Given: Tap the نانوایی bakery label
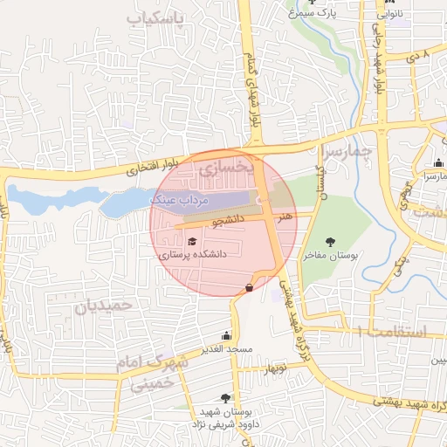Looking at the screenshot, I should (x=389, y=15).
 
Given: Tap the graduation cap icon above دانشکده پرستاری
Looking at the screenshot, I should (x=192, y=242).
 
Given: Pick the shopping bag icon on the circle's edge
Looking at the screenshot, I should (x=250, y=286).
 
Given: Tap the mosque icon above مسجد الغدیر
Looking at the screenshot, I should (x=227, y=336).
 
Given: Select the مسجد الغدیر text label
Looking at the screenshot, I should (x=227, y=349).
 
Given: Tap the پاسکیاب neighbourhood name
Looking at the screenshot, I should (x=157, y=19).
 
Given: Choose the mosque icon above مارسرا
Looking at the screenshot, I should (x=437, y=162).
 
